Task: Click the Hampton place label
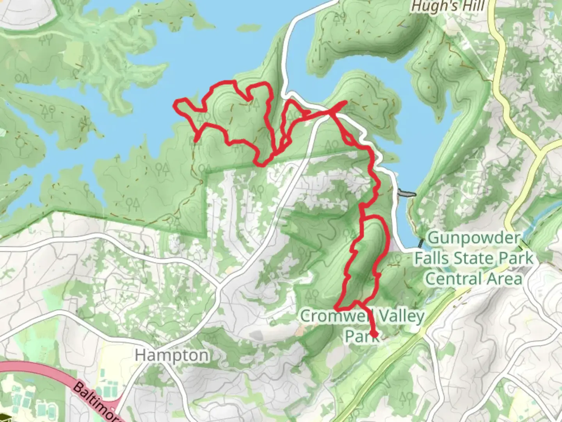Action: coord(172,355)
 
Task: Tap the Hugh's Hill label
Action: coord(448,6)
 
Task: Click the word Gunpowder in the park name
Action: coord(474,238)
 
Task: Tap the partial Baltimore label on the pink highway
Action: coord(96,402)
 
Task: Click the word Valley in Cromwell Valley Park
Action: coord(400,316)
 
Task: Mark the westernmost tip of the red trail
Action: coord(175,104)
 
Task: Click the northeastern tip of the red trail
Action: coord(345,102)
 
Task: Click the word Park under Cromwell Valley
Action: coord(361,335)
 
